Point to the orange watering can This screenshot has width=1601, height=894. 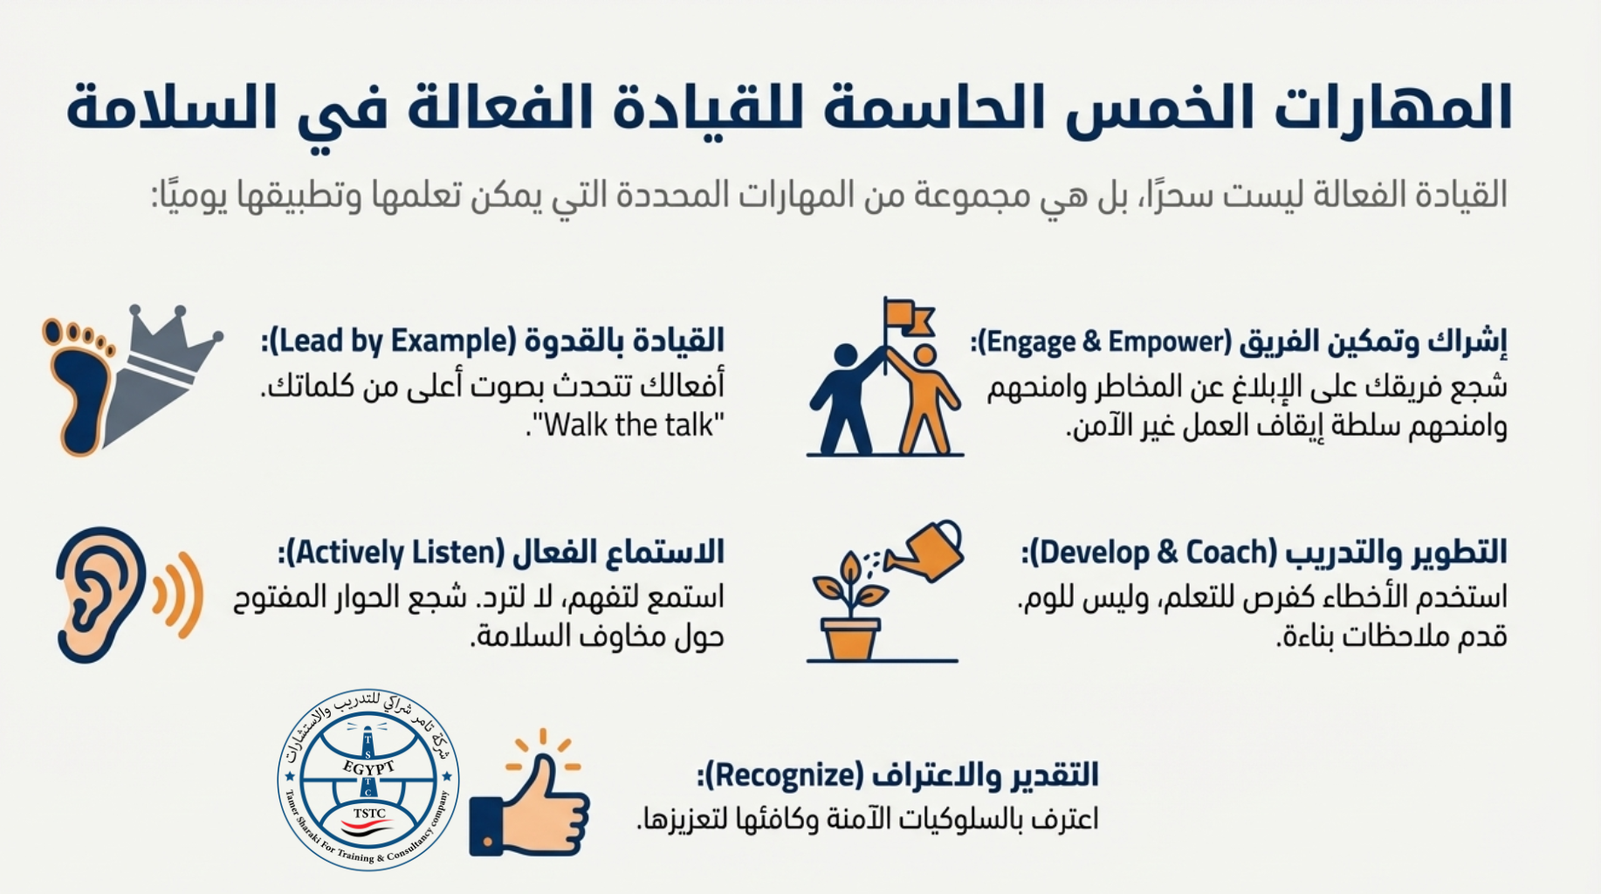pos(927,549)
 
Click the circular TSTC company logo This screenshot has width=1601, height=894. pos(368,780)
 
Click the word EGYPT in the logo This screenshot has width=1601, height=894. pos(368,767)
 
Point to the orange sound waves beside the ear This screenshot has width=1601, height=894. pos(178,595)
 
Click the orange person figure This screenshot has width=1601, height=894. pos(925,399)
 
